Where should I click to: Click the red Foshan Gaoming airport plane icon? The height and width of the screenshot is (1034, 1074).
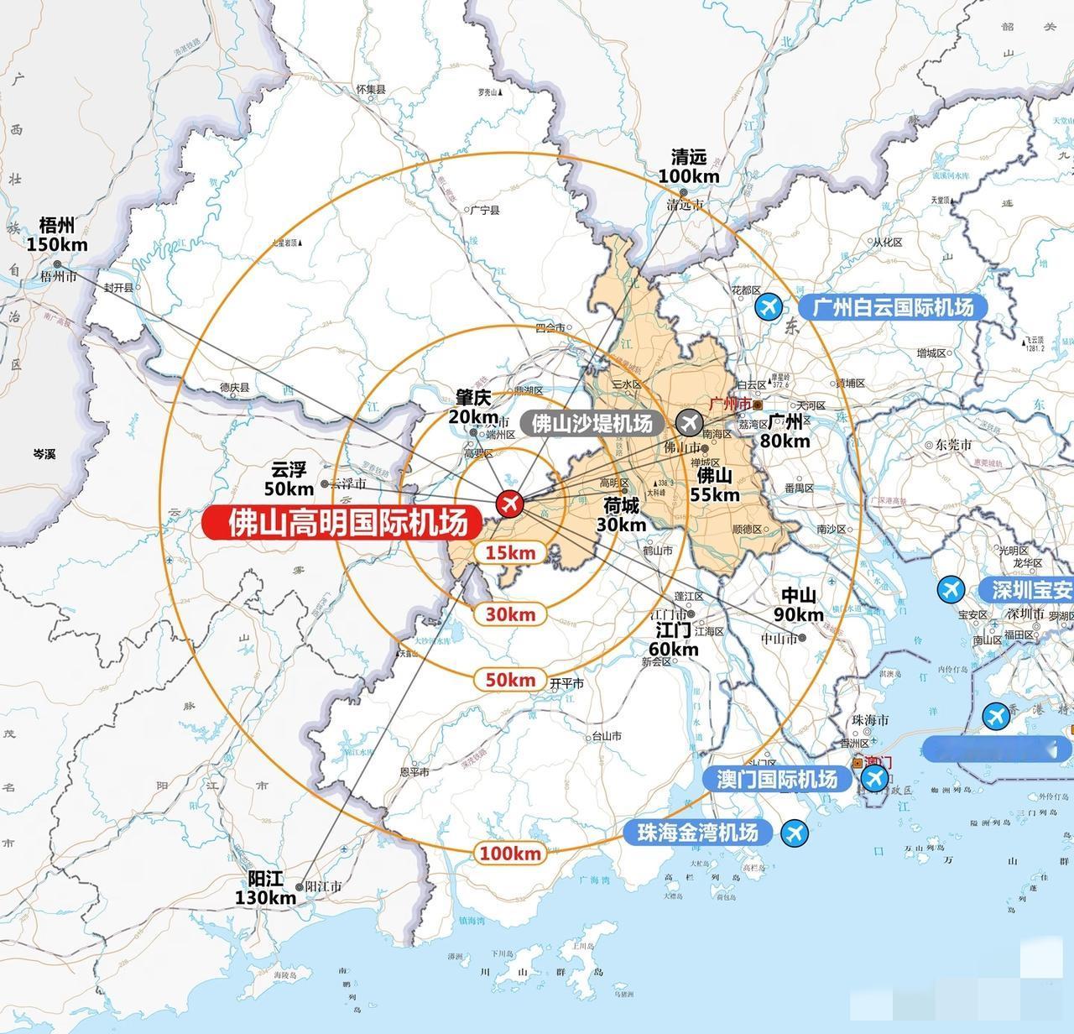[x=509, y=504]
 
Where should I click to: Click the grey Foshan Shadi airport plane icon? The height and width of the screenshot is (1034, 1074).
[x=691, y=421]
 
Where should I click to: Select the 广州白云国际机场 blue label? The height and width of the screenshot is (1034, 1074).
[x=892, y=307]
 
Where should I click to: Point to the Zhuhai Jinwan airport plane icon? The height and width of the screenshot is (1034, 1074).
[x=793, y=833]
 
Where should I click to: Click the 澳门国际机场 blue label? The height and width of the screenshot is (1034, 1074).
[x=776, y=779]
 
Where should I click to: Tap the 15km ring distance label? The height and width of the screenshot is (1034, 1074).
[x=510, y=552]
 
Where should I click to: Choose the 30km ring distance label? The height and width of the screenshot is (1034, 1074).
[x=510, y=614]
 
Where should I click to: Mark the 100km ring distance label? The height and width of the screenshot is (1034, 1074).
[x=510, y=854]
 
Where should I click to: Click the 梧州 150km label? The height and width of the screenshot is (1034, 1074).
[x=57, y=234]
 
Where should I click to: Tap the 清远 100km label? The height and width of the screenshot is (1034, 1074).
[x=689, y=166]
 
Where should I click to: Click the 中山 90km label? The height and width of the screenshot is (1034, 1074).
[x=798, y=605]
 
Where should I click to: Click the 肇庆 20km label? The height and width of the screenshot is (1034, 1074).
[x=473, y=406]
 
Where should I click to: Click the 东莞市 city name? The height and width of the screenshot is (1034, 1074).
[x=954, y=445]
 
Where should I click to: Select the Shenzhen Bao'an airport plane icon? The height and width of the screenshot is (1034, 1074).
[x=951, y=589]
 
